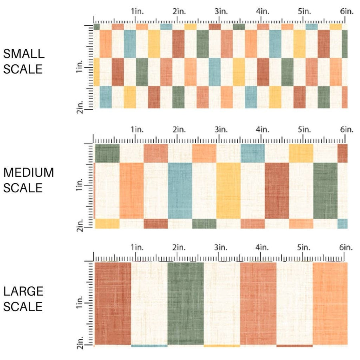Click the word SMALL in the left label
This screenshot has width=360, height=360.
pyautogui.click(x=23, y=54)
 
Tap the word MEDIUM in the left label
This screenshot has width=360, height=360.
pyautogui.click(x=28, y=172)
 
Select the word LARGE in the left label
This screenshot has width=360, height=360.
pyautogui.click(x=23, y=291)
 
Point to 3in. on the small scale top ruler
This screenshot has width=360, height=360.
pyautogui.click(x=220, y=12)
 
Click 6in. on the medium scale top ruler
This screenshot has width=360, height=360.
pyautogui.click(x=346, y=130)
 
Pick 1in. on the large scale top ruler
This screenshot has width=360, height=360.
pyautogui.click(x=137, y=248)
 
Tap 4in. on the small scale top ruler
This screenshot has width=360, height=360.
pyautogui.click(x=262, y=12)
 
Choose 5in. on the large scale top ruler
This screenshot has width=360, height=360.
pyautogui.click(x=304, y=248)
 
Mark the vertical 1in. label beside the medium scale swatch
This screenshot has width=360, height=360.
pyautogui.click(x=79, y=186)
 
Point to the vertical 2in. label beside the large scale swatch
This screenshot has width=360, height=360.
pyautogui.click(x=79, y=344)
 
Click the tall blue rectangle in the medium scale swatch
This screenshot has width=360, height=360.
pyautogui.click(x=180, y=190)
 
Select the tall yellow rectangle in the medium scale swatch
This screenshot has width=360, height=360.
pyautogui.click(x=228, y=190)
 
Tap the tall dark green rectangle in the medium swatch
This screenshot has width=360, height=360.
pyautogui.click(x=325, y=190)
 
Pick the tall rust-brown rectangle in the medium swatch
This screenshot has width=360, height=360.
pyautogui.click(x=277, y=190)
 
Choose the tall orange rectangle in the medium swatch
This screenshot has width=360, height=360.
pyautogui.click(x=132, y=190)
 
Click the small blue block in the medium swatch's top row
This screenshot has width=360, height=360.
pyautogui.click(x=253, y=153)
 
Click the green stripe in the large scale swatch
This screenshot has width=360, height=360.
pyautogui.click(x=186, y=303)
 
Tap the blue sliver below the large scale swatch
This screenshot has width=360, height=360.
pyautogui.click(x=149, y=346)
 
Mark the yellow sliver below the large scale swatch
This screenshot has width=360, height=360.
pyautogui.click(x=222, y=346)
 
